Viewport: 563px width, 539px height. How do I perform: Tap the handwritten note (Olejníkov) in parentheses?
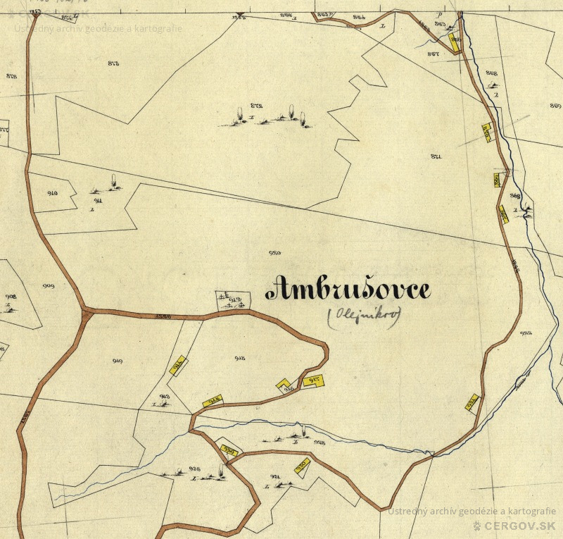[x=363, y=317]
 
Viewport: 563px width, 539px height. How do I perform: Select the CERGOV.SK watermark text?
[x=519, y=526]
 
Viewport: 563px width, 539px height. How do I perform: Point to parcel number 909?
[x=49, y=286]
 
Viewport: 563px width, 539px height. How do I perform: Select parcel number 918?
[x=239, y=359]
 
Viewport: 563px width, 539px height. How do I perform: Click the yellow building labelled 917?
[x=313, y=381]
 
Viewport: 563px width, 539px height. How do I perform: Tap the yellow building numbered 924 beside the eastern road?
[x=472, y=402]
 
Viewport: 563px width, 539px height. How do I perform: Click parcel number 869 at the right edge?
[x=555, y=106]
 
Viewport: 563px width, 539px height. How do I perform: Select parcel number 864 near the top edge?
[x=359, y=16]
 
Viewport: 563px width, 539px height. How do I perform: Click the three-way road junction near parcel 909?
[x=86, y=310]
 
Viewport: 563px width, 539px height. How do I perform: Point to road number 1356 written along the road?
[x=163, y=316]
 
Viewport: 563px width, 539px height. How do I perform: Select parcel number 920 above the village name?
[x=275, y=252]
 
